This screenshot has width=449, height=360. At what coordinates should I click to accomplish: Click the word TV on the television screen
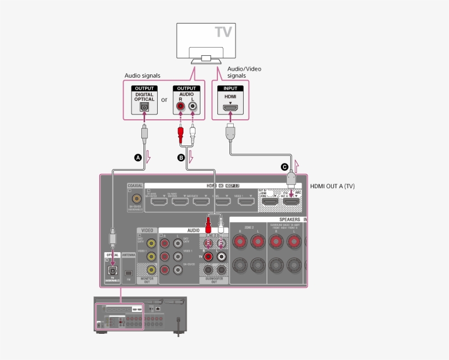coord(223,32)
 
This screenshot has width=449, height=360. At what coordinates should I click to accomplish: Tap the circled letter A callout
coord(138,158)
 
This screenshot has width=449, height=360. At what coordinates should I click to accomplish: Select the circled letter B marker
coord(181,158)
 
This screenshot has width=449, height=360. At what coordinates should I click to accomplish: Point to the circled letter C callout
coord(284,166)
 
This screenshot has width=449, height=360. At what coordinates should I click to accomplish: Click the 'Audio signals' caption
coord(142,76)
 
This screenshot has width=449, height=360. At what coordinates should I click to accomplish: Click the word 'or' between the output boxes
coord(164,100)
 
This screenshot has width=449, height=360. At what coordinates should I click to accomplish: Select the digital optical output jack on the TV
coord(145,107)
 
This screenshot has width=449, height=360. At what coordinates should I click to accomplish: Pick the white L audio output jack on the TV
coord(192,107)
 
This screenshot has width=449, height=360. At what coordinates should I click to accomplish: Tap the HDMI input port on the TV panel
coord(230,108)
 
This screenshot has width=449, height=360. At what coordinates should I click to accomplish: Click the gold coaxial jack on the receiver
coord(135,200)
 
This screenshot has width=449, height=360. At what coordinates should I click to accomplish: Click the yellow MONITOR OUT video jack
coord(149,269)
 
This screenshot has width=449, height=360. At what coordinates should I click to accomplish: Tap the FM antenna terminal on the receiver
coord(128,272)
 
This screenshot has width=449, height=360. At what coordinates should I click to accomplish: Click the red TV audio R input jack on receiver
coord(208,256)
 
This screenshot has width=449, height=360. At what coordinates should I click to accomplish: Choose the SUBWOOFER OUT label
coord(214,280)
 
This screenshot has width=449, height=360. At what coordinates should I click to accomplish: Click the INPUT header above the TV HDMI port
coord(230,88)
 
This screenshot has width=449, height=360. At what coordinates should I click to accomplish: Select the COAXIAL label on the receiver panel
coord(135,185)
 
